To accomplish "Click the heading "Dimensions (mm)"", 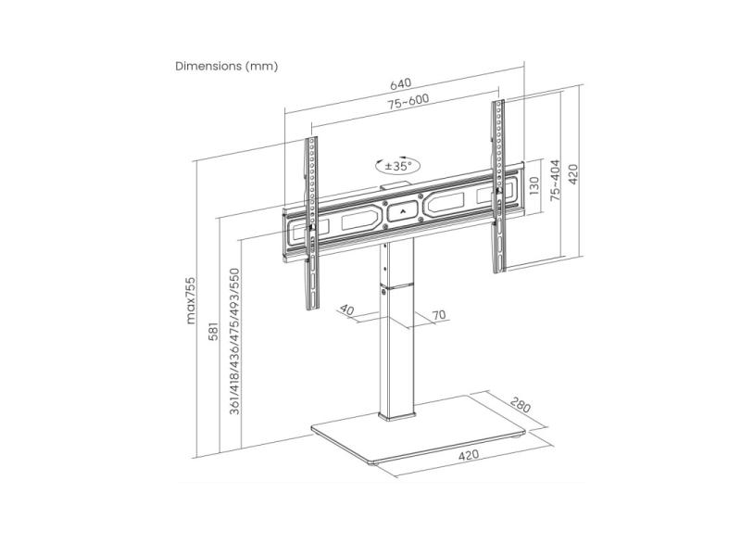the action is coord(226,66).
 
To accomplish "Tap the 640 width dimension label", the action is coord(400,83).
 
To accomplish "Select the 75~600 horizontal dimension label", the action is coord(408,101).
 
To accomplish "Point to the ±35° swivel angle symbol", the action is coord(398,166).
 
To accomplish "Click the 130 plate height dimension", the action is coord(534,186).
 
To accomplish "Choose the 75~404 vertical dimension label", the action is coord(555,181).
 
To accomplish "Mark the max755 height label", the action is coord(190,300).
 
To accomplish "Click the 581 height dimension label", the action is coord(214,332).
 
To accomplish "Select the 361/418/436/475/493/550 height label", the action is coord(234,341).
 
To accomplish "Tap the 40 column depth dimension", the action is coord(346,310).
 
